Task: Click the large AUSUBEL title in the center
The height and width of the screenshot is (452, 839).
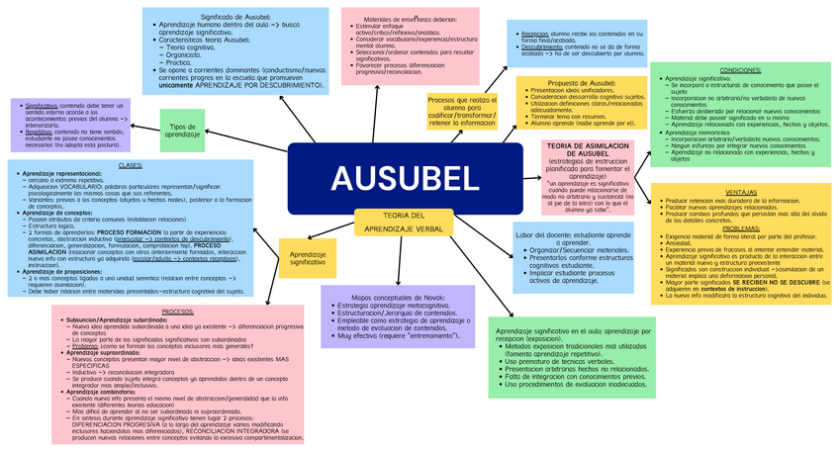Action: [403, 178]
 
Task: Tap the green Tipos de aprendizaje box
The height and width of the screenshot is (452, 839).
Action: [183, 131]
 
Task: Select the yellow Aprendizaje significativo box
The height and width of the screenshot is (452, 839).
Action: [308, 258]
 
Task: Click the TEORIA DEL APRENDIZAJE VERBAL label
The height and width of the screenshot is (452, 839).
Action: [404, 223]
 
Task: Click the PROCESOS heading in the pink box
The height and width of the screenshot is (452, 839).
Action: [178, 312]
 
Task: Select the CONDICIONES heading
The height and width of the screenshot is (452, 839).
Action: [740, 70]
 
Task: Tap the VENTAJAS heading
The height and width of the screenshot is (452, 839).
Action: [741, 192]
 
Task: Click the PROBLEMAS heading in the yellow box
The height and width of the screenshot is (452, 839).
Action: [741, 228]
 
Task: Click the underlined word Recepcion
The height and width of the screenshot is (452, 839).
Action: [536, 34]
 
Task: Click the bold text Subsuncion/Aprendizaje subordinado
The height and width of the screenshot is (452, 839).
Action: [117, 320]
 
